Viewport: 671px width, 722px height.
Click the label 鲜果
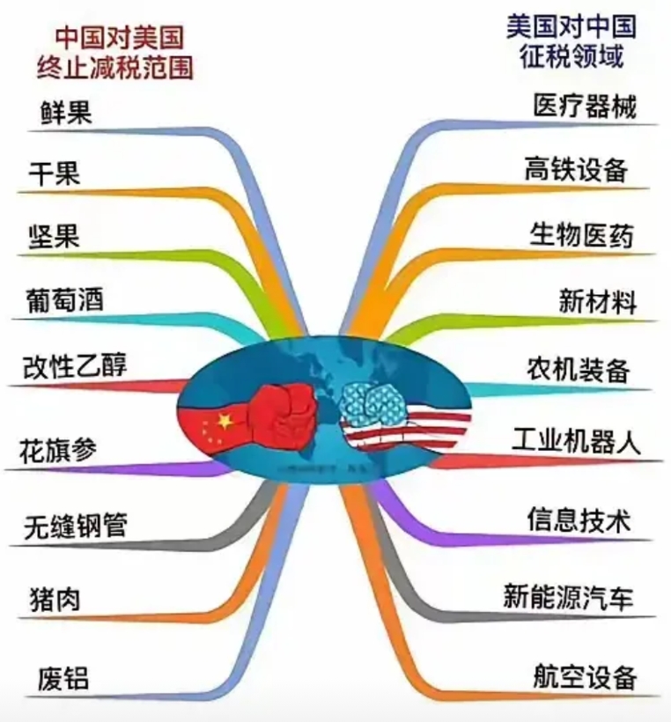pyautogui.click(x=66, y=113)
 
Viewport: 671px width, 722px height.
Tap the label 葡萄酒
pyautogui.click(x=65, y=300)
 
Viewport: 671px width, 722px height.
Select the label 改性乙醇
pyautogui.click(x=75, y=366)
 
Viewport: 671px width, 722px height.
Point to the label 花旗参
pyautogui.click(x=58, y=450)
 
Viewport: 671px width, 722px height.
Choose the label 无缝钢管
pyautogui.click(x=76, y=526)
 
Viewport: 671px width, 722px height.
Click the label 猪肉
pyautogui.click(x=55, y=599)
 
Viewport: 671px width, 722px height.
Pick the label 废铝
pyautogui.click(x=63, y=678)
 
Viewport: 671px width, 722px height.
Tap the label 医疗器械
pyautogui.click(x=585, y=107)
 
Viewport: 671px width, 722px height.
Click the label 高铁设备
pyautogui.click(x=576, y=169)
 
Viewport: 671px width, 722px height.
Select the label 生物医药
pyautogui.click(x=582, y=235)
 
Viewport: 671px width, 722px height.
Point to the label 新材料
pyautogui.click(x=598, y=302)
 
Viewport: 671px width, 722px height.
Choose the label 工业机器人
pyautogui.click(x=576, y=440)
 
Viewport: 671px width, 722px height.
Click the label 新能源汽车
pyautogui.click(x=568, y=597)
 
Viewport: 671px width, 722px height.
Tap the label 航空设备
pyautogui.click(x=585, y=676)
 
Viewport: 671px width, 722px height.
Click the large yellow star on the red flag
pyautogui.click(x=225, y=421)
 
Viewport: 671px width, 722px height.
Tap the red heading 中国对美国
pyautogui.click(x=119, y=38)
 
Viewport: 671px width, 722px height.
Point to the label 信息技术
pyautogui.click(x=579, y=519)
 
